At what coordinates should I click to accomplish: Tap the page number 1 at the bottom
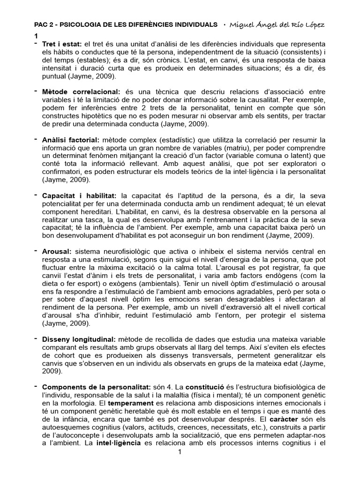[x=180, y=452]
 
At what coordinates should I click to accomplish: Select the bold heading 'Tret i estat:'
[x=62, y=44]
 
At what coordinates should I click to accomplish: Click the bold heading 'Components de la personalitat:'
[x=96, y=387]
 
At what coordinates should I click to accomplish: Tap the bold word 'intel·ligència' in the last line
[x=120, y=443]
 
